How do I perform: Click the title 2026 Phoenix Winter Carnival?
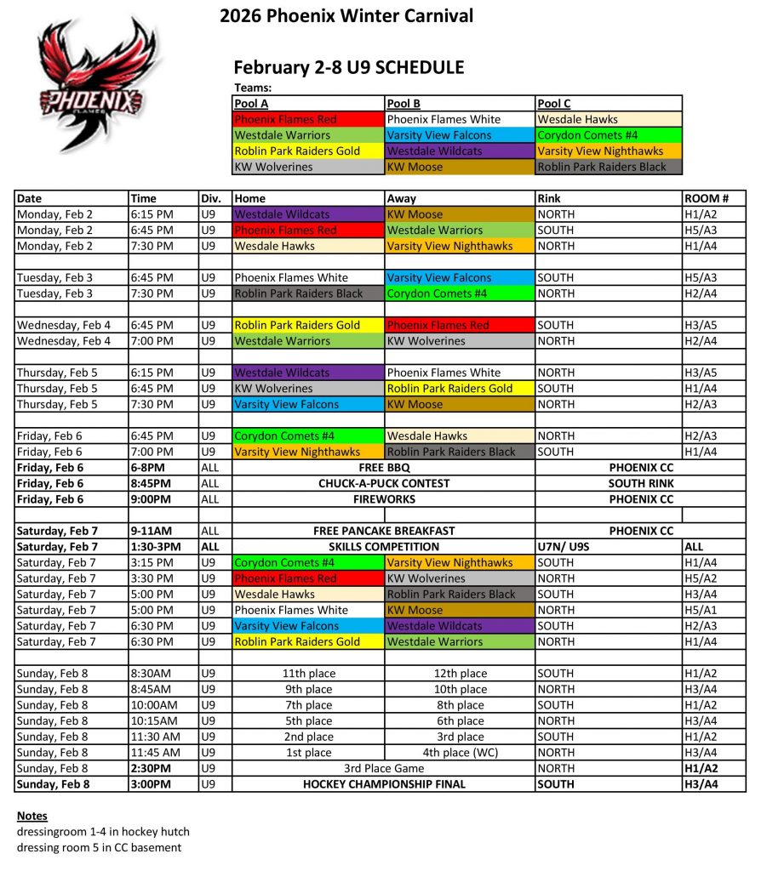pos(346,16)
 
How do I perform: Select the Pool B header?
pos(404,104)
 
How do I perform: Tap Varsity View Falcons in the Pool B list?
pos(439,135)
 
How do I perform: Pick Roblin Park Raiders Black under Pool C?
pos(602,167)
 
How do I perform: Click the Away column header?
pos(402,198)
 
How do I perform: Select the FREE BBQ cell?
pos(384,468)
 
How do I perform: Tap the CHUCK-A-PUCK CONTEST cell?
pos(384,483)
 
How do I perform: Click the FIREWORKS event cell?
pos(384,499)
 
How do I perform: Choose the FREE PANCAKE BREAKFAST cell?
pos(384,531)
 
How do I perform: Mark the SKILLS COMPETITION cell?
pos(384,547)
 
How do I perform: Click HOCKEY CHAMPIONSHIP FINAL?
pos(384,784)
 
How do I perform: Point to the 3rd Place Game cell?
pos(384,768)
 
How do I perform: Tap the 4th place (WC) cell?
pos(461,753)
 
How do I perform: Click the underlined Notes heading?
pos(32,817)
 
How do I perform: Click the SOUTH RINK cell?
pos(641,483)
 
